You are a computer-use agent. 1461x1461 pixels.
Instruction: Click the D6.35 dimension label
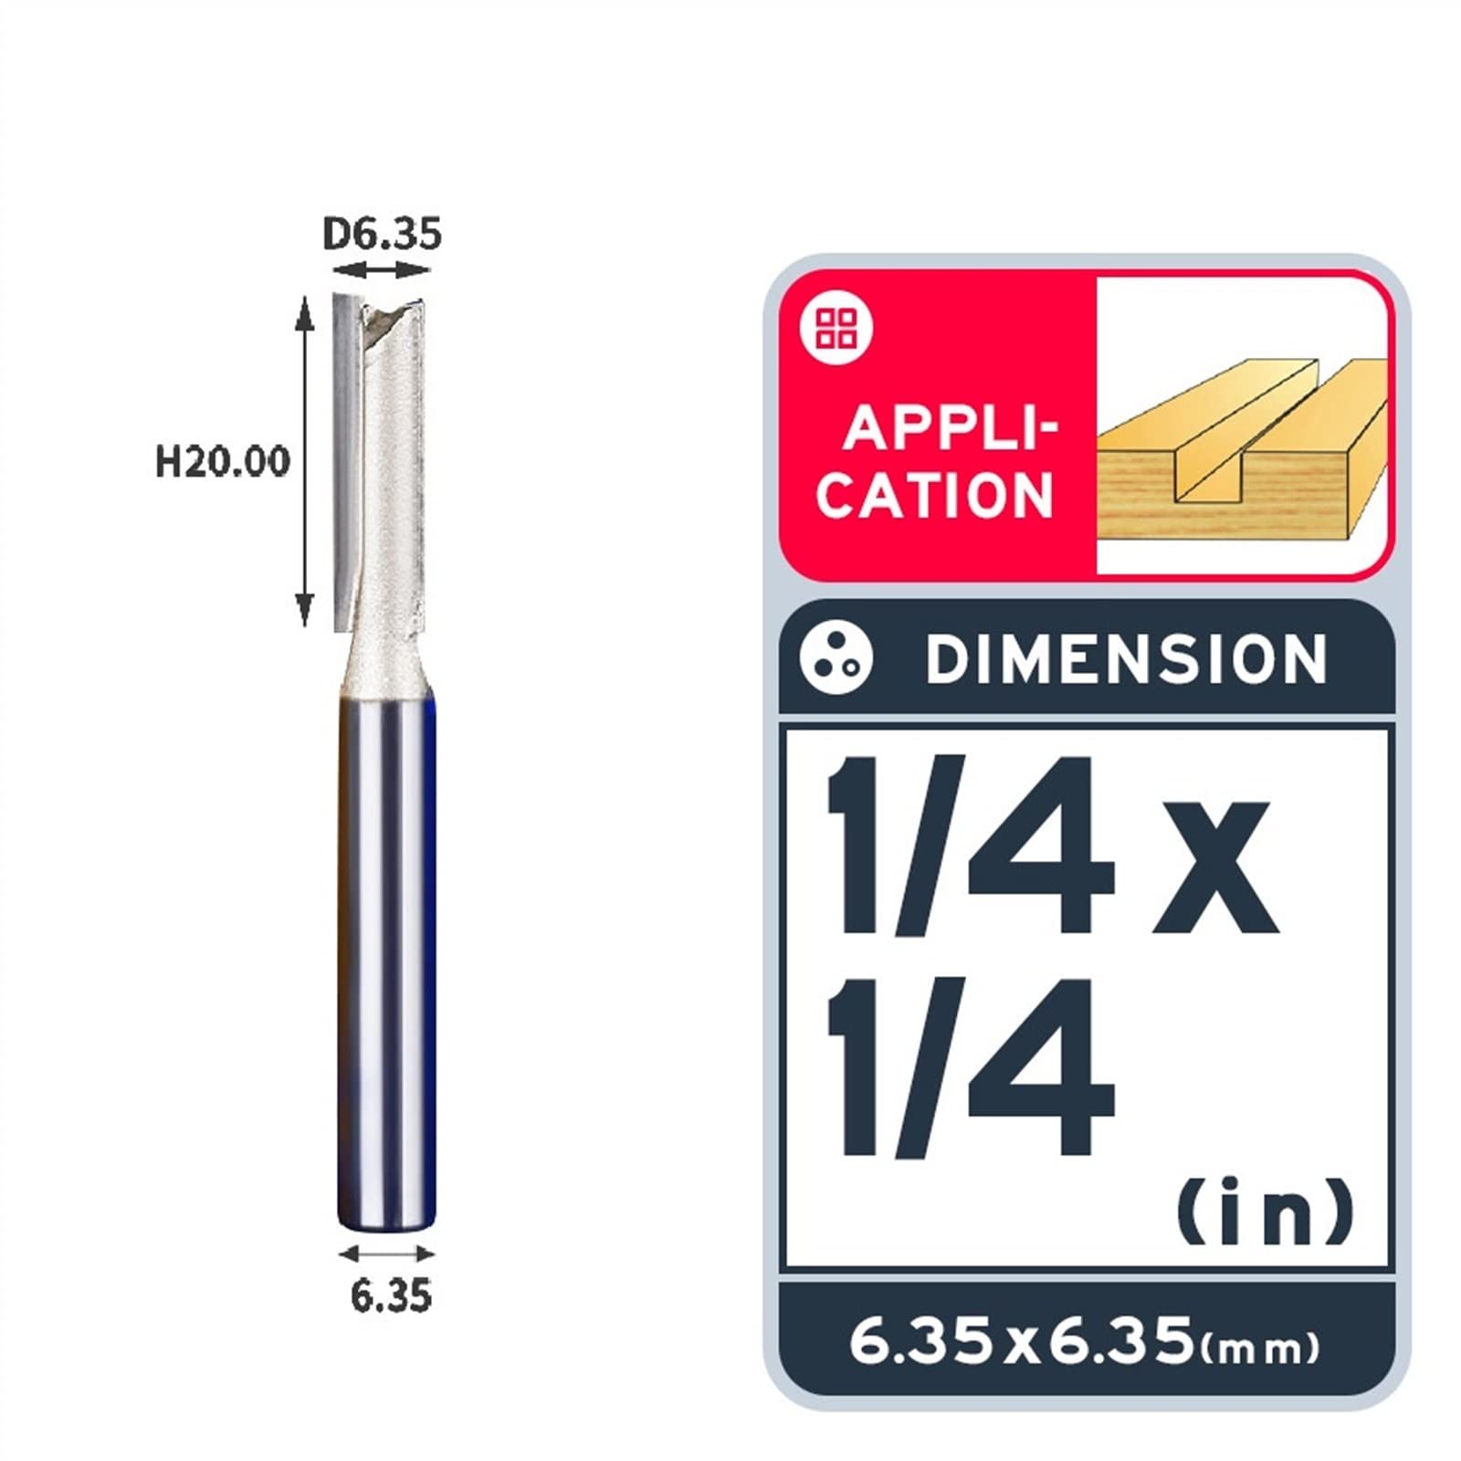tap(382, 235)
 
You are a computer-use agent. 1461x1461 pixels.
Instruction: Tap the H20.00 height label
tap(222, 461)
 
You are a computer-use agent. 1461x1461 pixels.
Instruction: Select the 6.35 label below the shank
tap(390, 1296)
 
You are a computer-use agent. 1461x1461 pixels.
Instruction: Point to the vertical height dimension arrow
tap(305, 461)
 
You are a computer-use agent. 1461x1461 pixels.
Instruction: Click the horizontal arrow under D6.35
tap(381, 270)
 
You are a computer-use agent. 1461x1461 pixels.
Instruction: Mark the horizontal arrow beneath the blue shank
tap(386, 1254)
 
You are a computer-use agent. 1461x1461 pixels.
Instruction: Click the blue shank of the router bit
tap(386, 959)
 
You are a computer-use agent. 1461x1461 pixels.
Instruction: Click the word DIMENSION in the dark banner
tap(1125, 659)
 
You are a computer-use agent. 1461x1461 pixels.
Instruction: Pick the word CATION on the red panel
tap(935, 496)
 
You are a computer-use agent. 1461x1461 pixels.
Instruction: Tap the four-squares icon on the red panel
tap(836, 329)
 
